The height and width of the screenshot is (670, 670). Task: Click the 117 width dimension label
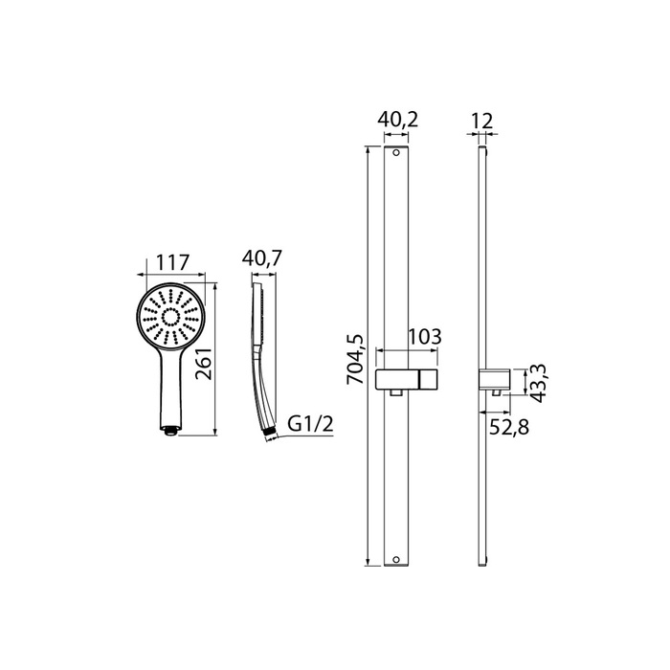tap(171, 262)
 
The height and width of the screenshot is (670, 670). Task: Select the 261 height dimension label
tap(204, 363)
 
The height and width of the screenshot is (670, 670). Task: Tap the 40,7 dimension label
tap(261, 258)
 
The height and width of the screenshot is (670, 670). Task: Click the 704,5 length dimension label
tap(355, 359)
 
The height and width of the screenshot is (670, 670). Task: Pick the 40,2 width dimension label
tap(397, 120)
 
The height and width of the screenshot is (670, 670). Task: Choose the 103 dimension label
tap(425, 337)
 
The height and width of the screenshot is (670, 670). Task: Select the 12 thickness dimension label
tap(481, 121)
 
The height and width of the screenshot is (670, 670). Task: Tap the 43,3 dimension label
tap(538, 383)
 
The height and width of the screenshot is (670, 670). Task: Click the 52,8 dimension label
tap(509, 427)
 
